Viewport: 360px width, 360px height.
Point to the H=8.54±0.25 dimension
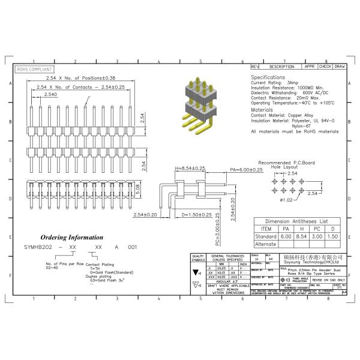point(190,169)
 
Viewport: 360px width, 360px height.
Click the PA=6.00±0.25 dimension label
point(247,169)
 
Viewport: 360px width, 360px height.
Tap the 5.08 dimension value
point(154,189)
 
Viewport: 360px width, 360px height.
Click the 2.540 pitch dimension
point(51,95)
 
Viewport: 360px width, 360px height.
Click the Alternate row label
point(266,244)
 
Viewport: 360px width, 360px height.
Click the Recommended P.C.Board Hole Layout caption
point(286,166)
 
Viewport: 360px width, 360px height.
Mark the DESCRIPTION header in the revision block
point(281,67)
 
